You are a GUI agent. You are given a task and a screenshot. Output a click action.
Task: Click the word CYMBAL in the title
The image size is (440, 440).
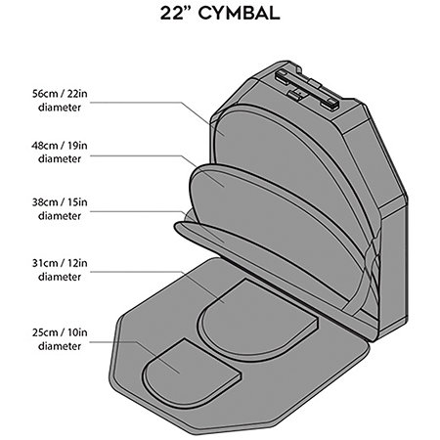pos(239,14)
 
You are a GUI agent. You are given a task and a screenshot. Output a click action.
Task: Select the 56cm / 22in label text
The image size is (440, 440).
pos(60,94)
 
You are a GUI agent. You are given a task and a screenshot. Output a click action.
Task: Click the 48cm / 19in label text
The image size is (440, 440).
pos(60,146)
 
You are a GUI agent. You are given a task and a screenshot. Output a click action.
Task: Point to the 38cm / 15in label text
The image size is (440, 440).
pos(60,202)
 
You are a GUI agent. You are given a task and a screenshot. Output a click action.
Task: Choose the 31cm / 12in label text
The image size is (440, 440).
pos(60,263)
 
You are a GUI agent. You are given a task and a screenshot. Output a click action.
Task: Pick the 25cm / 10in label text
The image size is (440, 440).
pos(60,332)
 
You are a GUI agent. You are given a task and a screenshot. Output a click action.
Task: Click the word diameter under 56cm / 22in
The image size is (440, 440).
pos(60,108)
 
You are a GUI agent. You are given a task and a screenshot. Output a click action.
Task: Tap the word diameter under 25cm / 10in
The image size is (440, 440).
pos(60,346)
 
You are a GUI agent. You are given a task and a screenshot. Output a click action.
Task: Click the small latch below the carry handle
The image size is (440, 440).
pos(296,94)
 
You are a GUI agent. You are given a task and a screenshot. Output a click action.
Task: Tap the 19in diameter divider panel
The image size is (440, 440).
pos(277,225)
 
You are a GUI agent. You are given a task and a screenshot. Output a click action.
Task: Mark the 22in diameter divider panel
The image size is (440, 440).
pos(293,169)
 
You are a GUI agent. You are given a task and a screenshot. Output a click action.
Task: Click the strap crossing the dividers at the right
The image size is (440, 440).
pos(364,281)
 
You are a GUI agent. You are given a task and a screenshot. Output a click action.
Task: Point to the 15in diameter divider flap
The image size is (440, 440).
pos(228,242)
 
